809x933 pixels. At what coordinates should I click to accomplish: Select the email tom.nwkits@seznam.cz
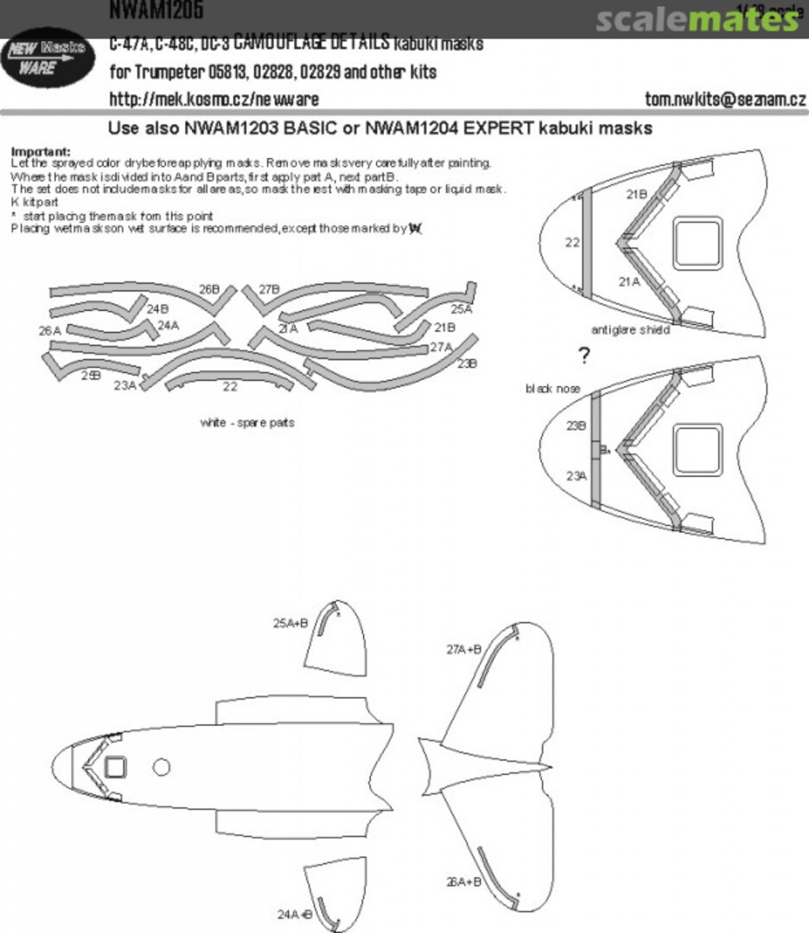[x=725, y=99]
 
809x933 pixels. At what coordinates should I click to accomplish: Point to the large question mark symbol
[x=585, y=355]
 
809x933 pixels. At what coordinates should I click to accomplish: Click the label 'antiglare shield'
[x=630, y=330]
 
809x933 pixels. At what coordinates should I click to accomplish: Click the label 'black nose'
[x=552, y=389]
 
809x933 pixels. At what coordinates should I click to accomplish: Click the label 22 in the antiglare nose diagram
[x=572, y=243]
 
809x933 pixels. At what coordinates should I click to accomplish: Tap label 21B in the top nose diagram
[x=636, y=195]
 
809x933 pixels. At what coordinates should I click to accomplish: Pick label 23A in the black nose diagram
[x=576, y=475]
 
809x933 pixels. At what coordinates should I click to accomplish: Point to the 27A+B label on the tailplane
[x=463, y=649]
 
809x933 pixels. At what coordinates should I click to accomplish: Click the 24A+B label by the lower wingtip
[x=293, y=914]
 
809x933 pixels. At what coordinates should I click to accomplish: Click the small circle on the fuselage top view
[x=161, y=766]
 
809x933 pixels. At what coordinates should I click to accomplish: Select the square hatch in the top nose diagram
[x=697, y=241]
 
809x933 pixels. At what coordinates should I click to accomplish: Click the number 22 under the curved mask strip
[x=230, y=387]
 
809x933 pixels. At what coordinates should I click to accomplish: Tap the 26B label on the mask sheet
[x=208, y=289]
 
